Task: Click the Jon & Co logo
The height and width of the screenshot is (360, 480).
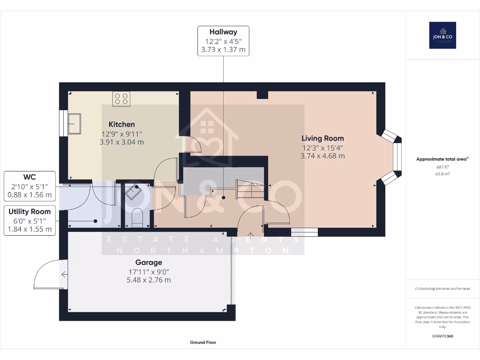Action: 442,35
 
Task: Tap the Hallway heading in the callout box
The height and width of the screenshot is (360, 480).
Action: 223,32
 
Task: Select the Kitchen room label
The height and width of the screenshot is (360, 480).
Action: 122,124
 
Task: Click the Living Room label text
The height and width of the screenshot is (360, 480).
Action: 322,138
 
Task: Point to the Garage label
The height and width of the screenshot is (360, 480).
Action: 149,262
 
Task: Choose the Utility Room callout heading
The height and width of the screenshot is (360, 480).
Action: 30,212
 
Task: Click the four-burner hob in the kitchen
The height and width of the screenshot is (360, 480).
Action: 121,98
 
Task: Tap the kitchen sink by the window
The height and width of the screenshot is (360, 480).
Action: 75,123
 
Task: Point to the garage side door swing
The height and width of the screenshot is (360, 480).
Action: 47,275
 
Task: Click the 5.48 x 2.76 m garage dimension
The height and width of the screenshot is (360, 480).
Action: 149,280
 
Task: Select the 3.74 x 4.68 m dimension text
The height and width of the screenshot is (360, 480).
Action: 322,156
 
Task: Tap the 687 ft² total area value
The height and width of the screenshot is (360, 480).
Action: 442,166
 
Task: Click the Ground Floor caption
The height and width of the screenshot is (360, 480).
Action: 203,342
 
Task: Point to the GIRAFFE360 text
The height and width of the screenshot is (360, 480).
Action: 442,336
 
